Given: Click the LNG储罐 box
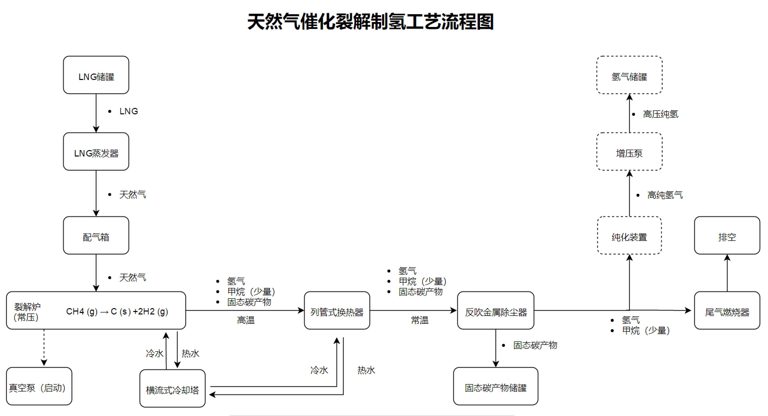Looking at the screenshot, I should coord(96,75).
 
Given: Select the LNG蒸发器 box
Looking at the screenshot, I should coord(96,152).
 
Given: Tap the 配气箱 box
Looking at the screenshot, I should coord(96,236).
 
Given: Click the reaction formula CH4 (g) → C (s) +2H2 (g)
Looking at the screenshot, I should coord(117,312).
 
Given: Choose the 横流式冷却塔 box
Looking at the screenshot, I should coord(172,389).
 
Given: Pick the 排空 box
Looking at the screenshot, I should coord(727,236).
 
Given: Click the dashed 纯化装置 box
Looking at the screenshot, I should coord(629,236).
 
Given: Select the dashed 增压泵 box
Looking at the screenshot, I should coord(629,152).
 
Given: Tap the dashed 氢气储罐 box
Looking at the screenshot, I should coord(629,75).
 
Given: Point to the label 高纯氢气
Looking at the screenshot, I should coord(665,195).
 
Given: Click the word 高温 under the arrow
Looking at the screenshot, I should coord(246,320).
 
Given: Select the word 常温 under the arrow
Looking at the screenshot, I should coord(420,320).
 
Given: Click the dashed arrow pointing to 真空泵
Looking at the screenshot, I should coord(44,348).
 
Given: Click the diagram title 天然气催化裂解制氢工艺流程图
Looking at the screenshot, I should coord(370,22).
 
